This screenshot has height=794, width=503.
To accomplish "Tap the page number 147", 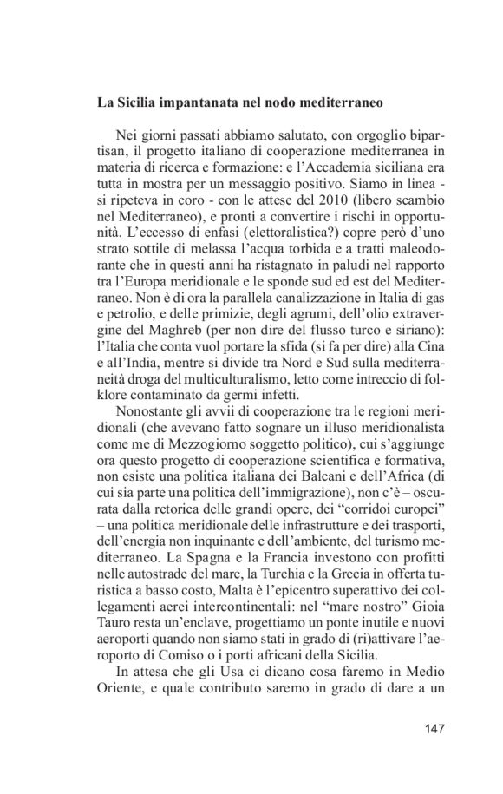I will coord(432,728).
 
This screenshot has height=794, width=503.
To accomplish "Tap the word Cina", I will coord(430,342).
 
